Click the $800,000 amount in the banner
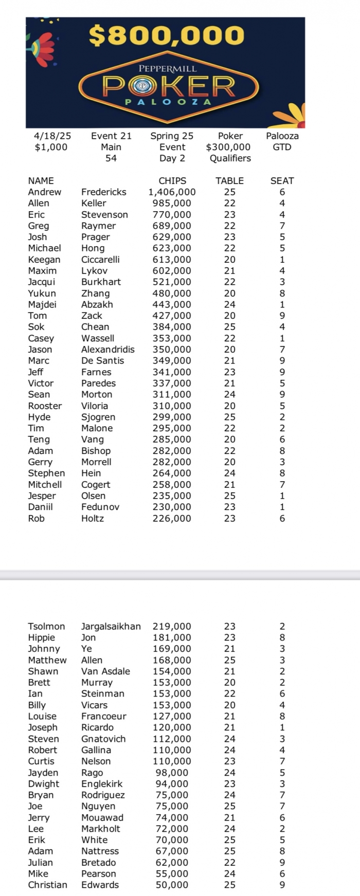[166, 35]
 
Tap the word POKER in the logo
[169, 86]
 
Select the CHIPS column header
[172, 180]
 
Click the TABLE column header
[229, 180]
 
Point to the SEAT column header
[282, 180]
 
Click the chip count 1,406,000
[172, 192]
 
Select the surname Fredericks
[103, 192]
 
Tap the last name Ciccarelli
[100, 260]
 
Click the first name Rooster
[45, 406]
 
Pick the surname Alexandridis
[107, 350]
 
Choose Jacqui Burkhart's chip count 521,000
[172, 282]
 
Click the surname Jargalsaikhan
[111, 626]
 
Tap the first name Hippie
[41, 637]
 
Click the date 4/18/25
[52, 136]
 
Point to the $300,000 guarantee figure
[228, 147]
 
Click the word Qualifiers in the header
[230, 158]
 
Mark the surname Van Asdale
[105, 671]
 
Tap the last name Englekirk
[103, 784]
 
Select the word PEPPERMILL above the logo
[168, 68]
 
